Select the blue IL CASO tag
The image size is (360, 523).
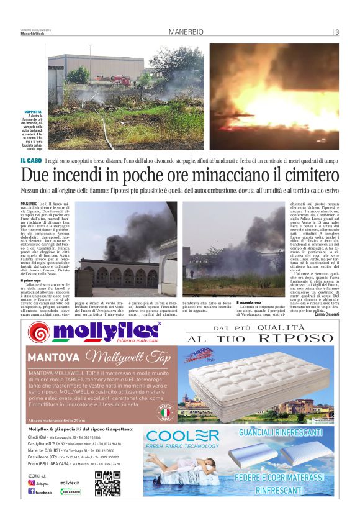click(x=31, y=161)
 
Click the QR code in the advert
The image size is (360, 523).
click(x=107, y=484)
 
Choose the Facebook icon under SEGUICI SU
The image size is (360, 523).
click(x=32, y=492)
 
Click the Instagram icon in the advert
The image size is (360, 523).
click(x=32, y=483)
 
